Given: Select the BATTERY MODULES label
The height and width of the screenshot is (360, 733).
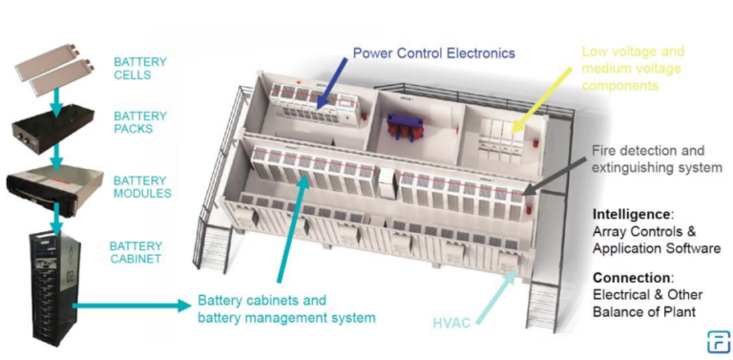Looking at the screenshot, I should (x=142, y=186).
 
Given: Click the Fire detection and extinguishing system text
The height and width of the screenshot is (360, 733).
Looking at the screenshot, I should (x=657, y=159).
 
